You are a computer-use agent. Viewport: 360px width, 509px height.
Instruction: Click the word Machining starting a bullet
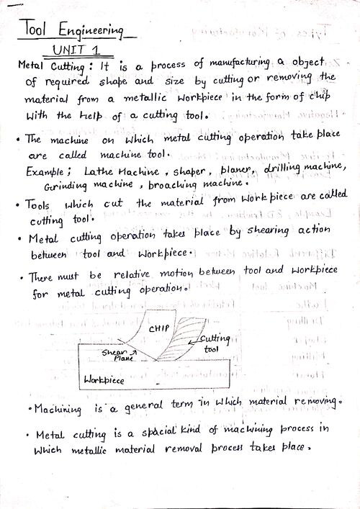point(61,409)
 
